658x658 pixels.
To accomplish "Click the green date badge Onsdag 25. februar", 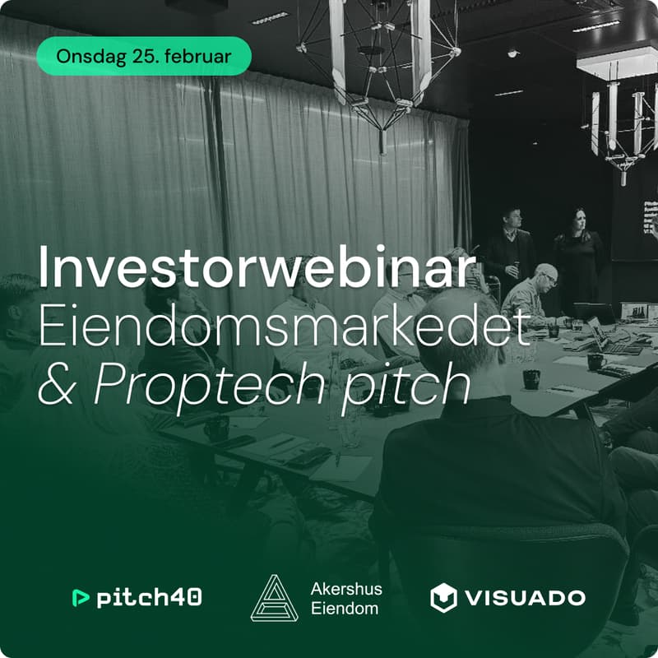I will click(x=143, y=57).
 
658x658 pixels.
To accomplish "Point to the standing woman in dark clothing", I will click(x=579, y=255).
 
